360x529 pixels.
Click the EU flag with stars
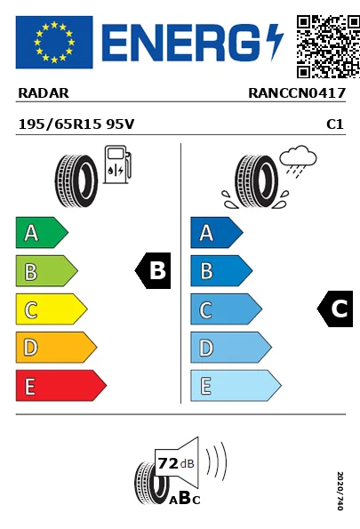[x=53, y=42]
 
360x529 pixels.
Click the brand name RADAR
[x=44, y=92]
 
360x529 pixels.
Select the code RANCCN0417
[x=296, y=92]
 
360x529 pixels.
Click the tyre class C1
[x=335, y=125]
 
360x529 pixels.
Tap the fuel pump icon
[x=116, y=167]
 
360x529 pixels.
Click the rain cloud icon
[x=296, y=161]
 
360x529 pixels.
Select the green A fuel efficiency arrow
[x=40, y=233]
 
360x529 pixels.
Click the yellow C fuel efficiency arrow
[x=50, y=309]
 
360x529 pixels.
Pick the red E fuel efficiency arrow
[x=59, y=385]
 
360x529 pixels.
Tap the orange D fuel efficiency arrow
[x=54, y=347]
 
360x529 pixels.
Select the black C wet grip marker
[x=336, y=309]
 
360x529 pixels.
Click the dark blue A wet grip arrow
[x=214, y=233]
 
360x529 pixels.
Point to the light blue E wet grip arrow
[x=234, y=385]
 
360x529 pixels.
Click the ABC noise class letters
[x=185, y=499]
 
